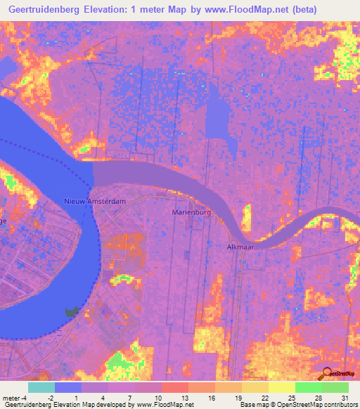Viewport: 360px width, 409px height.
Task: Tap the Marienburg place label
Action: click(x=192, y=211)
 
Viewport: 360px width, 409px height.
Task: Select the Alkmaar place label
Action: click(x=240, y=247)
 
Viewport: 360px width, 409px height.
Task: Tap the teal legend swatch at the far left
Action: click(x=41, y=387)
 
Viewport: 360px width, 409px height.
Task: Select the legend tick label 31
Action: click(x=344, y=397)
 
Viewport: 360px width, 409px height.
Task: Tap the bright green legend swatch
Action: click(x=308, y=387)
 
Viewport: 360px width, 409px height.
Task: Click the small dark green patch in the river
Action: click(x=71, y=311)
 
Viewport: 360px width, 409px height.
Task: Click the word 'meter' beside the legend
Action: click(x=11, y=397)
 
